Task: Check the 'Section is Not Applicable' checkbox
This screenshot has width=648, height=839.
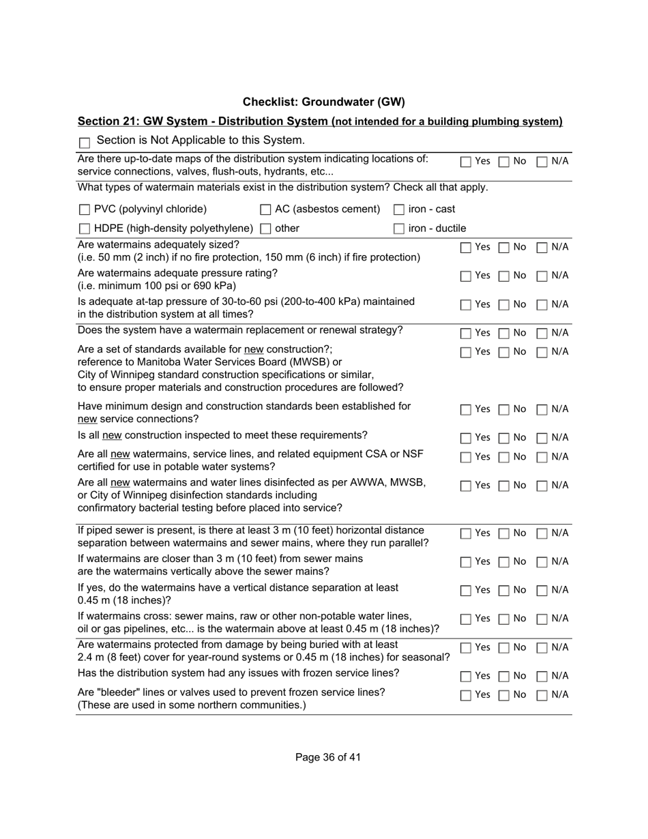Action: tap(85, 143)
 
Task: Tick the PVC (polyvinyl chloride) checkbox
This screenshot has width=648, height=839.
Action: tap(85, 210)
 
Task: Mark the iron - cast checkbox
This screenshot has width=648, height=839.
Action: tap(399, 210)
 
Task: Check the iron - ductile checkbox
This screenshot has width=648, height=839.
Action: tap(399, 229)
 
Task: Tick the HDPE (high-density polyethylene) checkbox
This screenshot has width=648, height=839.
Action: tap(85, 229)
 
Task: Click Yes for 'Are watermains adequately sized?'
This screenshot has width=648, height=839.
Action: tap(465, 248)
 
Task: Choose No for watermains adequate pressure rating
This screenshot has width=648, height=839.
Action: tap(503, 276)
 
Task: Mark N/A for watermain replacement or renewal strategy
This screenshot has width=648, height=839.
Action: tap(542, 334)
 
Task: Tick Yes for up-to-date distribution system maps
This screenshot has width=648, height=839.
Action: tap(465, 162)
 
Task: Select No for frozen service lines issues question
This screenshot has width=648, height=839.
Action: tap(503, 677)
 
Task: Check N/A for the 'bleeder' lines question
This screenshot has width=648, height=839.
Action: tap(542, 696)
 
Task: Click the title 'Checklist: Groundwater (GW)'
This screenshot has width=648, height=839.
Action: tap(323, 102)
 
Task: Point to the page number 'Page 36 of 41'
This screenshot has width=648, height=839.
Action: tap(328, 757)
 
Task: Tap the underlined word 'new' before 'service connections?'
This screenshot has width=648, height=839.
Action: tap(87, 419)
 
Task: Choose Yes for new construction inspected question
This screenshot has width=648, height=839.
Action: tap(465, 438)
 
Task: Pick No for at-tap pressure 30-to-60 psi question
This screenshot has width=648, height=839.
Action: tap(503, 305)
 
